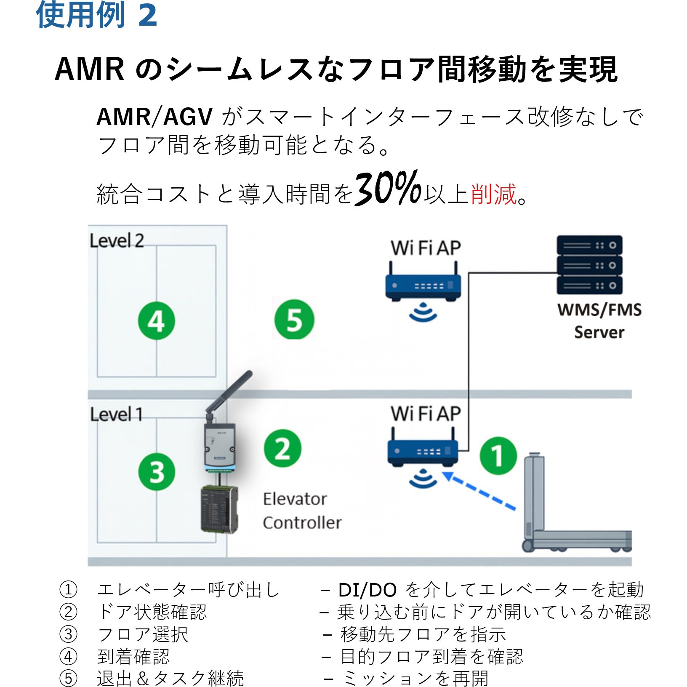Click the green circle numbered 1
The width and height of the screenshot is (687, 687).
pyautogui.click(x=498, y=456)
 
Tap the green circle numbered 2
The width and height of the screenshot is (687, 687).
pyautogui.click(x=282, y=448)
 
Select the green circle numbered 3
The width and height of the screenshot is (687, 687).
pyautogui.click(x=157, y=471)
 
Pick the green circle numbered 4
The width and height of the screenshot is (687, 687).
pyautogui.click(x=157, y=321)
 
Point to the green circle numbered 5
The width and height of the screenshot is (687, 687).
pyautogui.click(x=294, y=320)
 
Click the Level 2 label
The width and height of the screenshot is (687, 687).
pyautogui.click(x=117, y=241)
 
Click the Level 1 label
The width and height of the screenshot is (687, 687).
pyautogui.click(x=116, y=414)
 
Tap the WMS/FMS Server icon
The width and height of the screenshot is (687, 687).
pyautogui.click(x=589, y=265)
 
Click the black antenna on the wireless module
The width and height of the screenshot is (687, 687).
pyautogui.click(x=230, y=391)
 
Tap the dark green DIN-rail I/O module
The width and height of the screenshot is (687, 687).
pyautogui.click(x=219, y=509)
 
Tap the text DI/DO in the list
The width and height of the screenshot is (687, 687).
pyautogui.click(x=367, y=590)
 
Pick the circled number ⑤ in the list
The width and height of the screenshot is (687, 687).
pyautogui.click(x=68, y=678)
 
